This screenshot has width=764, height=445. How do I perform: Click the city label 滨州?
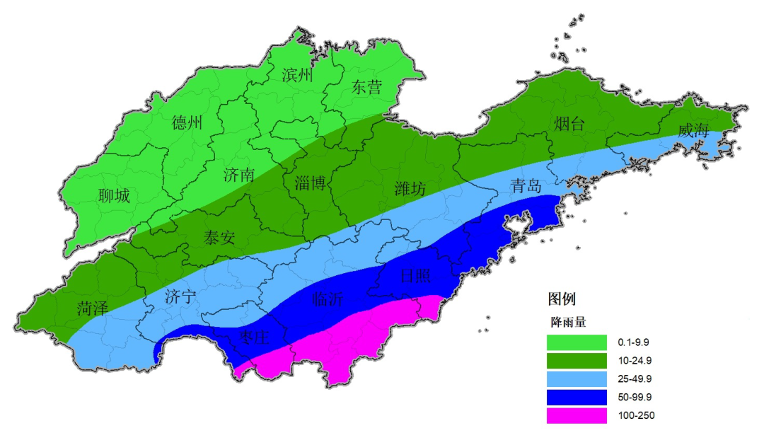pyautogui.click(x=297, y=75)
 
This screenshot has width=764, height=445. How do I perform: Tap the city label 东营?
pyautogui.click(x=366, y=87)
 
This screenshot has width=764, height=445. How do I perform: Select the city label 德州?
pyautogui.click(x=187, y=123)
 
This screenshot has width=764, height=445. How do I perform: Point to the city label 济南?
pyautogui.click(x=238, y=175)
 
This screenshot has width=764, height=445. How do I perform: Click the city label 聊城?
pyautogui.click(x=115, y=196)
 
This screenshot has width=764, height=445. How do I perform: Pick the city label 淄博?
pyautogui.click(x=310, y=184)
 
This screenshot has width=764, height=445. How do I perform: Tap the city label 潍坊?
pyautogui.click(x=410, y=189)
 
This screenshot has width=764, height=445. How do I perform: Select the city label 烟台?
pyautogui.click(x=569, y=125)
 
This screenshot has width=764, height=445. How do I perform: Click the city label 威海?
pyautogui.click(x=693, y=131)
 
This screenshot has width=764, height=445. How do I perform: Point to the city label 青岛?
pyautogui.click(x=526, y=187)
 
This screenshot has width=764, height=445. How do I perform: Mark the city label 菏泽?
pyautogui.click(x=93, y=308)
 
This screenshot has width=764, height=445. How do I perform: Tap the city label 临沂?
pyautogui.click(x=328, y=300)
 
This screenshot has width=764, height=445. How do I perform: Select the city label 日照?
pyautogui.click(x=415, y=276)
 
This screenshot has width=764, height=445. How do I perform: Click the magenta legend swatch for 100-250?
pyautogui.click(x=577, y=415)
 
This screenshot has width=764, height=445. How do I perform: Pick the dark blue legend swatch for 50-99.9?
pyautogui.click(x=577, y=397)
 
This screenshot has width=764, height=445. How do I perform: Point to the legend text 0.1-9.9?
pyautogui.click(x=633, y=342)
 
